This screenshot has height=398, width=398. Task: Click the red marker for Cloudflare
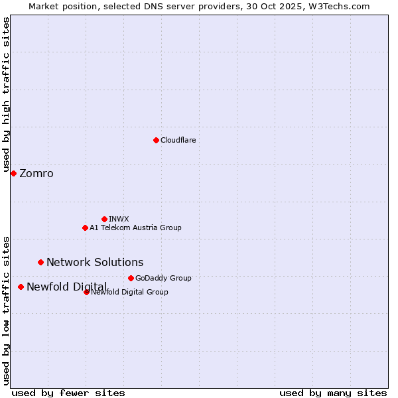point(156,140)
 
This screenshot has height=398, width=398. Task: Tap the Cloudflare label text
point(178,140)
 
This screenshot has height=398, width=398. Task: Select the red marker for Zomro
point(13,173)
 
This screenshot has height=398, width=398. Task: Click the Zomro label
point(36,174)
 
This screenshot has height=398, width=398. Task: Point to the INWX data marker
point(104,219)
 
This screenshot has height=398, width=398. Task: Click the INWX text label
point(119,219)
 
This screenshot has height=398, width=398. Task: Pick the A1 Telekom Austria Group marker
point(85,228)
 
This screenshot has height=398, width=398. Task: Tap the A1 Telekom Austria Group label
point(135,228)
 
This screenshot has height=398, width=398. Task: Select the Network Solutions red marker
point(40,262)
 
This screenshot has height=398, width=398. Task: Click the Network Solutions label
point(95,263)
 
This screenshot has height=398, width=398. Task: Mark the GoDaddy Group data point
point(131,278)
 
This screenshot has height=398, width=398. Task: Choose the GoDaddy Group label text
point(163,278)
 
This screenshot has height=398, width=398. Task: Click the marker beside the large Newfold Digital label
point(21,287)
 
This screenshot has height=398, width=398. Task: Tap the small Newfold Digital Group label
point(129,292)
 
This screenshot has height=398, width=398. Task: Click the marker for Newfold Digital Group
point(86,292)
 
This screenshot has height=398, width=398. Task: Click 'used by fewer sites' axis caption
point(68,393)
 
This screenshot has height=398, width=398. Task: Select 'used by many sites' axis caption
point(333,393)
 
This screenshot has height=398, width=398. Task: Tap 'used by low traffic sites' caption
point(7,309)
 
